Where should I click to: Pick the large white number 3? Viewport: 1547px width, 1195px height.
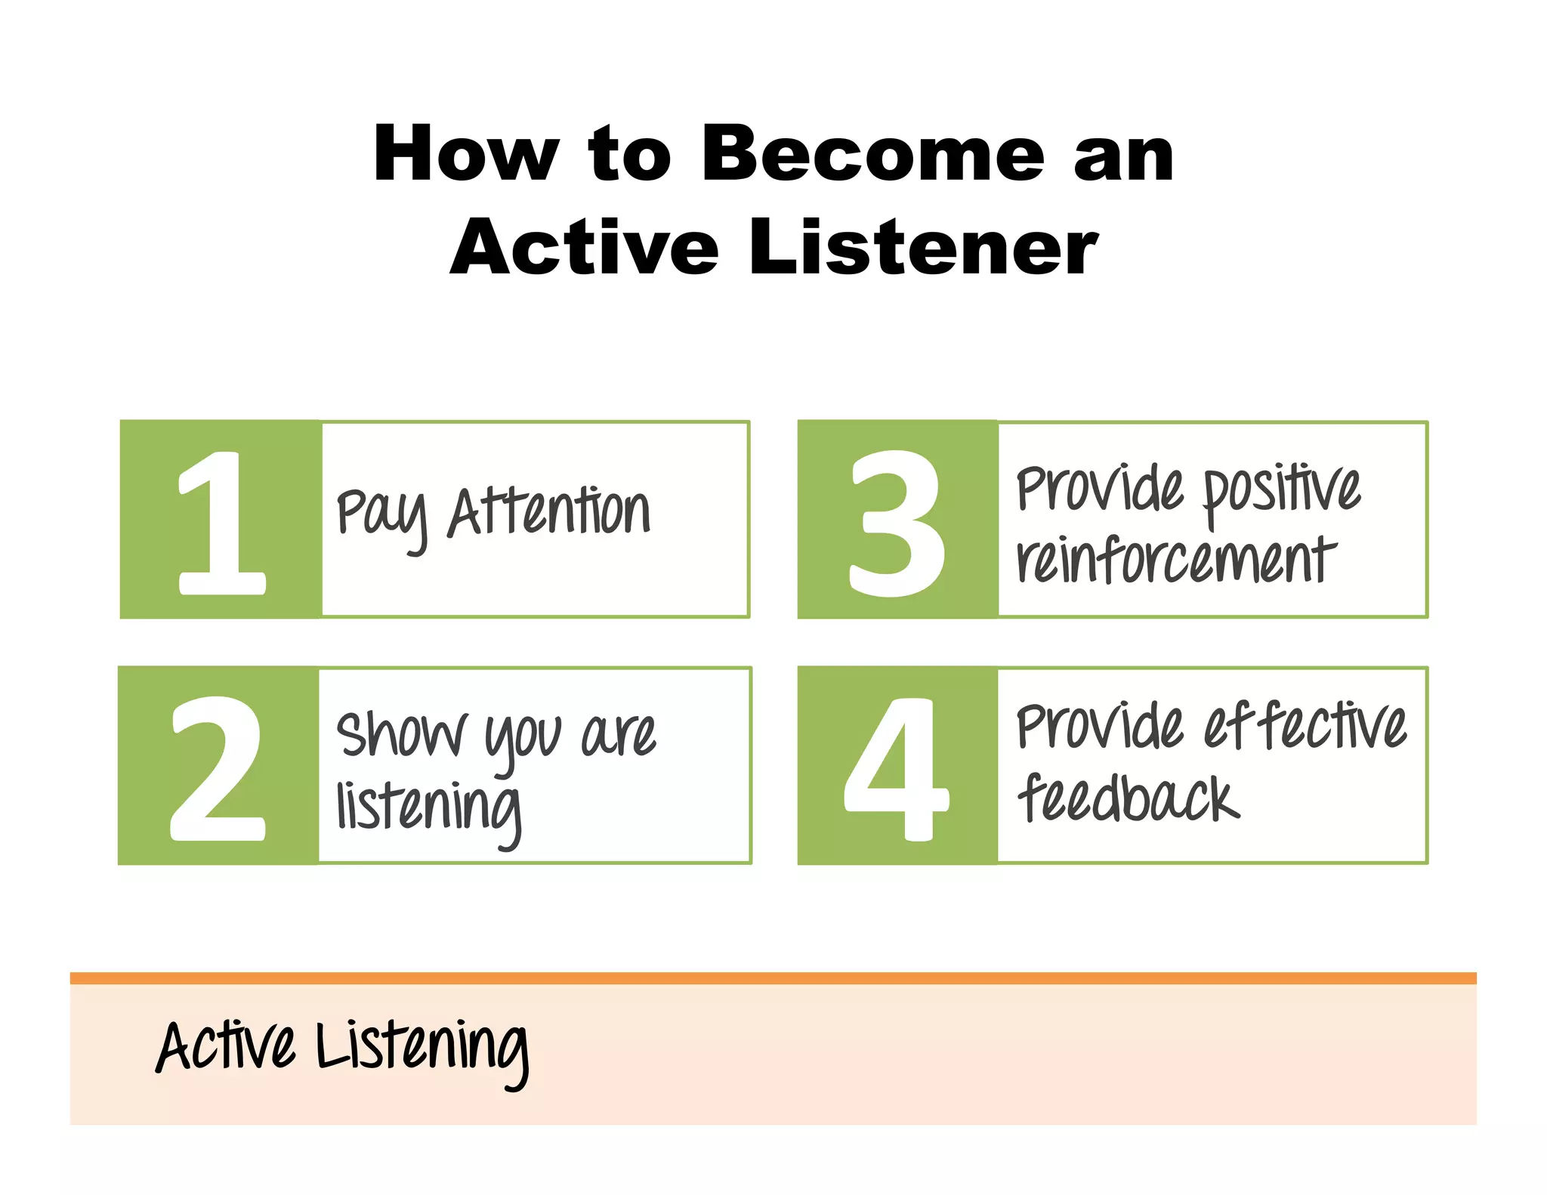coord(897,523)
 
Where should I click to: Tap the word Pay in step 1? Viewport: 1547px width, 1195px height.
coord(382,517)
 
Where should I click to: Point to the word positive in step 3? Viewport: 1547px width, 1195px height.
coord(1282,491)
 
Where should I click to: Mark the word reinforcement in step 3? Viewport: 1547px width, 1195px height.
coord(1176,560)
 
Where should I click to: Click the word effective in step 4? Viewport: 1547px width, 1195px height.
coord(1305,725)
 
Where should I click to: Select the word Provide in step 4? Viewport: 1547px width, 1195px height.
coord(1100,725)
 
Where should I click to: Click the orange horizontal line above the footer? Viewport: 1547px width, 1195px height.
coord(773,978)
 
